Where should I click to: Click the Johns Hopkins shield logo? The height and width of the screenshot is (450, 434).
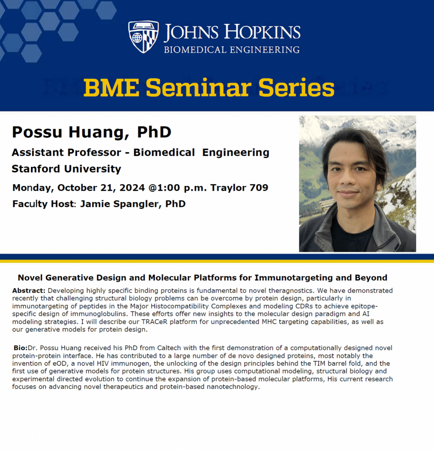coord(143,36)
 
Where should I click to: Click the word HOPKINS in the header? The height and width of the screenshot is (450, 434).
coord(262,32)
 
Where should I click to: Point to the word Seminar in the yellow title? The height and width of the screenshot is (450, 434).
coord(199,87)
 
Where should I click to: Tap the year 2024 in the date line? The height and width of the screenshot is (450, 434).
coord(132,188)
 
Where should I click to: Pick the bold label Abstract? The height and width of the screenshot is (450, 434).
coord(29,290)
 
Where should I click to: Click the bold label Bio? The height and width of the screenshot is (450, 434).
coord(20,348)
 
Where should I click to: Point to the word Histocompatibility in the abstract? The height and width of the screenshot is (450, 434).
coord(172,306)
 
